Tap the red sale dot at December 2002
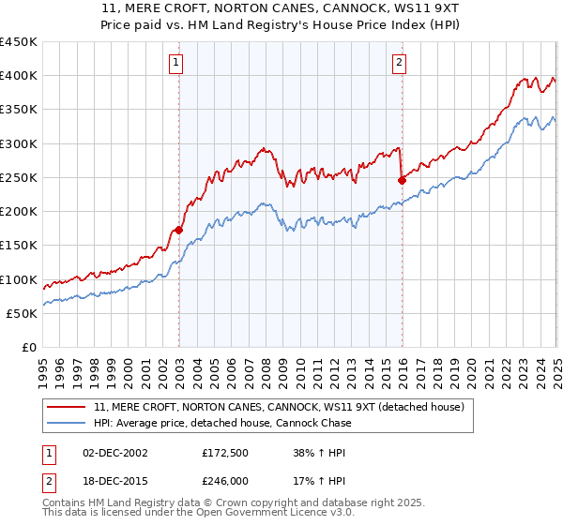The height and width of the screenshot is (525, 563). [x=178, y=230]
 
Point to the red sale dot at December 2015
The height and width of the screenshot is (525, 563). [x=402, y=180]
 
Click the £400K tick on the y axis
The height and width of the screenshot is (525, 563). [x=20, y=76]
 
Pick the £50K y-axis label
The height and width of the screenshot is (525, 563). [x=23, y=313]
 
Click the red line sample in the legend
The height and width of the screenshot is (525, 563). [x=67, y=407]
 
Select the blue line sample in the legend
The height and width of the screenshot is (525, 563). [x=67, y=423]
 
